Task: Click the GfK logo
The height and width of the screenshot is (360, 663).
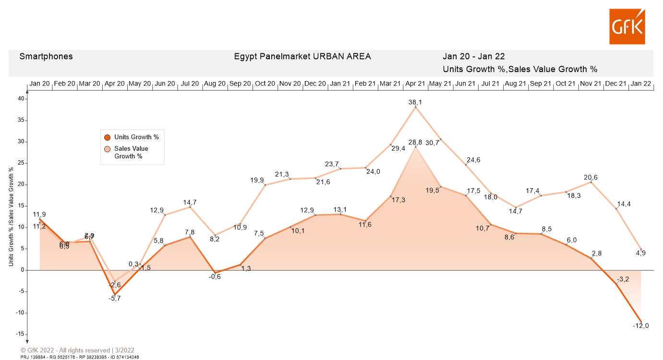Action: (627, 26)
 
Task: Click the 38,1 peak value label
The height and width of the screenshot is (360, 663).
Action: (415, 102)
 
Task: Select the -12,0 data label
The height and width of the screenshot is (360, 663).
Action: (640, 326)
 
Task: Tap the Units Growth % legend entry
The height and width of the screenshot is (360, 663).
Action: (136, 137)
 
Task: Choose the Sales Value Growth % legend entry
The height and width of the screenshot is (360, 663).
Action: (131, 152)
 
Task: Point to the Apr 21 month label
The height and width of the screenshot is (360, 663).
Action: (415, 84)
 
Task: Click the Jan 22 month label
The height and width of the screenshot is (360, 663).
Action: (640, 84)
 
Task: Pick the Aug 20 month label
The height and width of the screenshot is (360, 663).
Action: (215, 84)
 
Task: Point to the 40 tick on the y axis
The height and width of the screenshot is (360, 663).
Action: (21, 99)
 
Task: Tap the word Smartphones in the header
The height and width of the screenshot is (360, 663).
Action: (46, 56)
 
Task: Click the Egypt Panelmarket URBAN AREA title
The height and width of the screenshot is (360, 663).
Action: (302, 56)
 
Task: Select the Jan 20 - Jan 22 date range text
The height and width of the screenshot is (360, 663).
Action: (473, 56)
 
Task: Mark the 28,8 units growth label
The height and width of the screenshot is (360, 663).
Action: (415, 143)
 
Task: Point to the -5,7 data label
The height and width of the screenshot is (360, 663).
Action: (114, 298)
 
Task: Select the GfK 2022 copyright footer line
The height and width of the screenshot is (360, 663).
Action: (77, 350)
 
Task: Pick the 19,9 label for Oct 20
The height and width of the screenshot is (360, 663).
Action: (257, 180)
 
